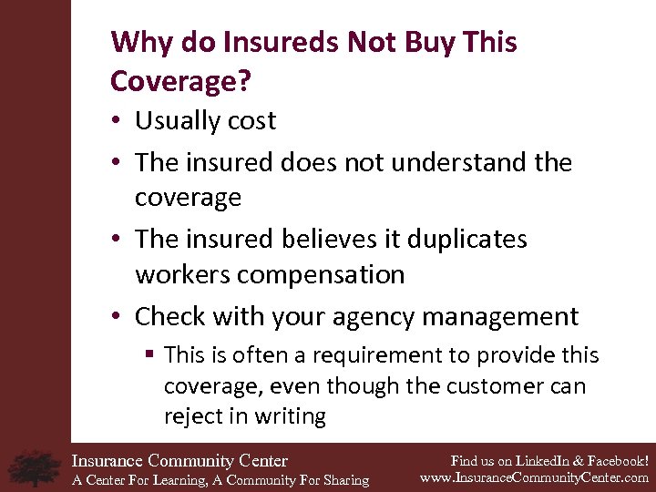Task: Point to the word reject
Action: click(190, 416)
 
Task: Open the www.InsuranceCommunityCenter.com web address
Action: click(534, 477)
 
